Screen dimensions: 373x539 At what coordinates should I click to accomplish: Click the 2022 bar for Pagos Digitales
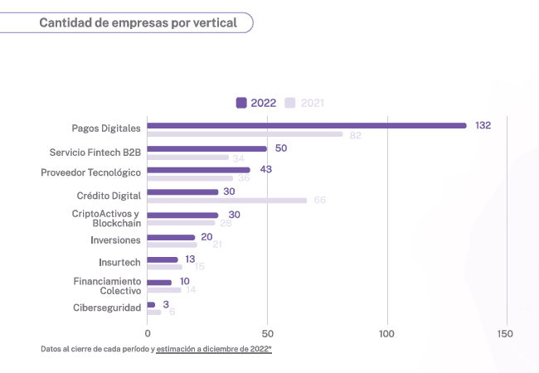pyautogui.click(x=307, y=126)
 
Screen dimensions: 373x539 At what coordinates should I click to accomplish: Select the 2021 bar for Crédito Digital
pyautogui.click(x=227, y=201)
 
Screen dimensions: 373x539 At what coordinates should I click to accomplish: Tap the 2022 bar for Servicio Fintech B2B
pyautogui.click(x=207, y=149)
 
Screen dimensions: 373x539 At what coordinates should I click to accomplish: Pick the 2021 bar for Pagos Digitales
pyautogui.click(x=245, y=134)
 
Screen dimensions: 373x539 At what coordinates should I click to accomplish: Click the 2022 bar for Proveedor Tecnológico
pyautogui.click(x=199, y=170)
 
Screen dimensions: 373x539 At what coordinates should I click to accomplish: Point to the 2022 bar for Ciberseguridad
pyautogui.click(x=151, y=305)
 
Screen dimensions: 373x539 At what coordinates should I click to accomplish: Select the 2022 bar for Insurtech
pyautogui.click(x=163, y=259)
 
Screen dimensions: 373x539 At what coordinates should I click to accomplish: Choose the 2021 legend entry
pyautogui.click(x=304, y=103)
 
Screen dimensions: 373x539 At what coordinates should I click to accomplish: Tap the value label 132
pyautogui.click(x=483, y=125)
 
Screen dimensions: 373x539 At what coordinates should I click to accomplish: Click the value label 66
pyautogui.click(x=319, y=201)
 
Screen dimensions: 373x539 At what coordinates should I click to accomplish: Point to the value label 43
pyautogui.click(x=265, y=169)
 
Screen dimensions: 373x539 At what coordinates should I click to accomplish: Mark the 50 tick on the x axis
pyautogui.click(x=267, y=333)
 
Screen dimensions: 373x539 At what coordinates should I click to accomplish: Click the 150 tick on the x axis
pyautogui.click(x=504, y=333)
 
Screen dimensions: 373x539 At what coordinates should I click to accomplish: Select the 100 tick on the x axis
pyautogui.click(x=386, y=333)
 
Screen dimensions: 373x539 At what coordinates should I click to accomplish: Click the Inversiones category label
pyautogui.click(x=115, y=240)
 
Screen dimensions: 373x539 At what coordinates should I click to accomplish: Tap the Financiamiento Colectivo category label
pyautogui.click(x=107, y=286)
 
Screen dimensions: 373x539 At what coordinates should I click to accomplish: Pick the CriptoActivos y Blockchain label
pyautogui.click(x=106, y=218)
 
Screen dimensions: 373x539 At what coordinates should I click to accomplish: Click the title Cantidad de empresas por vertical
pyautogui.click(x=138, y=23)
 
